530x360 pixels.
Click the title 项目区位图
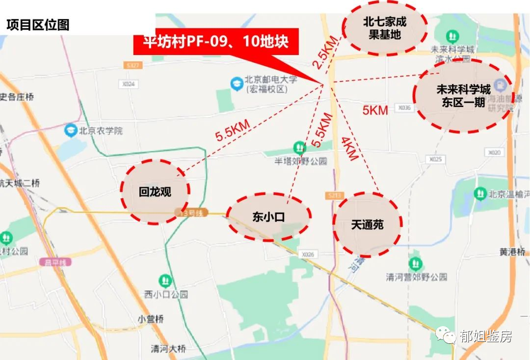[37, 25]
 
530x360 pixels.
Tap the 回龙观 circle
[155, 192]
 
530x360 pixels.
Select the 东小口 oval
[268, 217]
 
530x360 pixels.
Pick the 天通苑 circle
[367, 224]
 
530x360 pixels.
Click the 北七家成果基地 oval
[384, 28]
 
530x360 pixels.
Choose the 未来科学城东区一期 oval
[463, 96]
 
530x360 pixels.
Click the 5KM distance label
[375, 110]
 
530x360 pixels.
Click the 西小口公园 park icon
[165, 281]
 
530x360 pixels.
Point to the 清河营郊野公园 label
[416, 277]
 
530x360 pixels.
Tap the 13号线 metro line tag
[192, 213]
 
